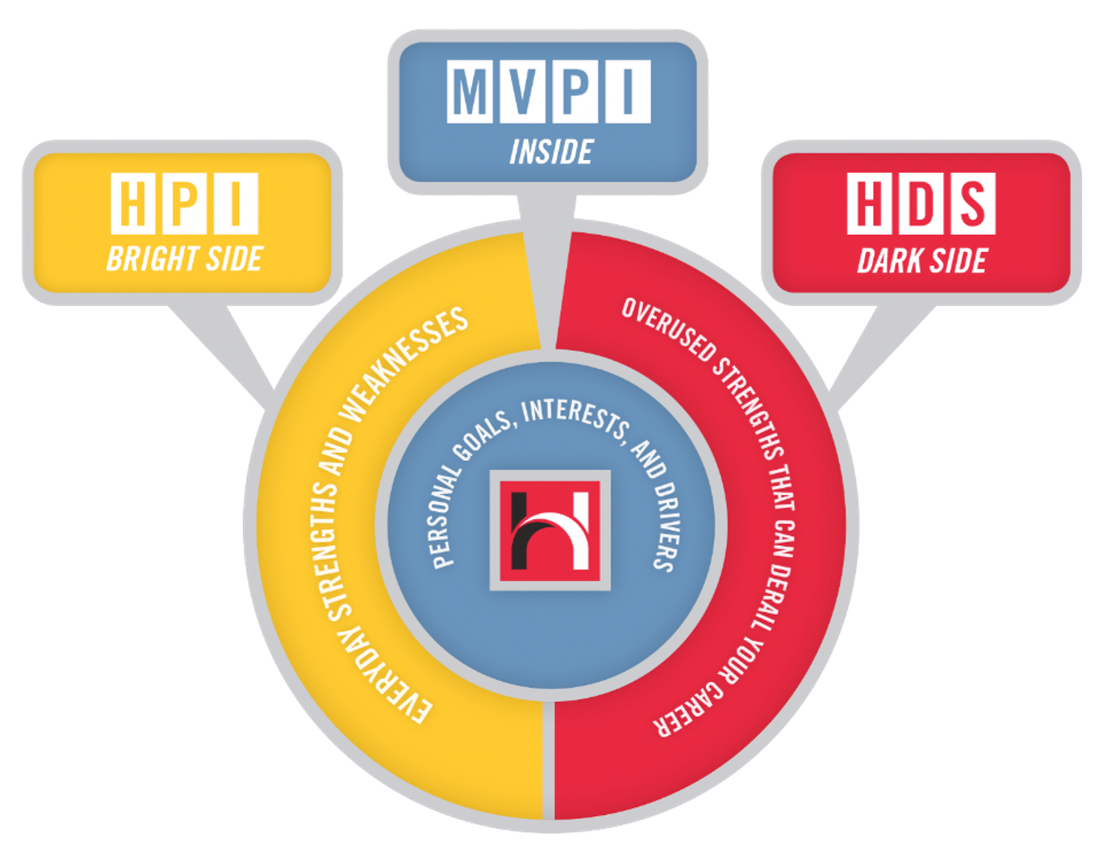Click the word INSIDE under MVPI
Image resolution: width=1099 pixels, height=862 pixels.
pos(550,152)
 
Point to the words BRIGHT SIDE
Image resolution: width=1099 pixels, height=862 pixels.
pos(183,259)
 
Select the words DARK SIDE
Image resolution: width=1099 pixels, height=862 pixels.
pos(922,260)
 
